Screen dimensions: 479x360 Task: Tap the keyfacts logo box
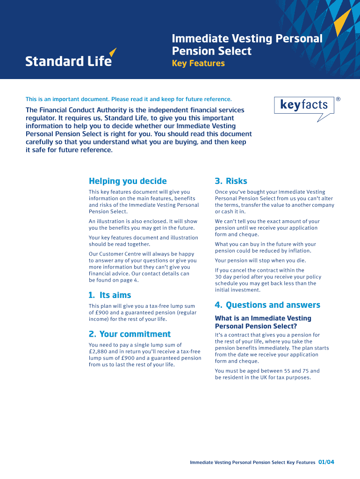pyautogui.click(x=304, y=105)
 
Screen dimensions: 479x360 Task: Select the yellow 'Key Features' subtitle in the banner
pyautogui.click(x=198, y=64)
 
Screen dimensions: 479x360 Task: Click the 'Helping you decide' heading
pyautogui.click(x=128, y=181)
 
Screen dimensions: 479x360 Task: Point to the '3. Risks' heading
pyautogui.click(x=231, y=181)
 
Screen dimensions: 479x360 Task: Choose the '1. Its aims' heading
pyautogui.click(x=110, y=295)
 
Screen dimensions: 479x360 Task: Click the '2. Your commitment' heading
pyautogui.click(x=130, y=334)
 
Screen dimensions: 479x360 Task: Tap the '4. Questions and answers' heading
pyautogui.click(x=267, y=305)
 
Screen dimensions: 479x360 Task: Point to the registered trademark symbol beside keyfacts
pyautogui.click(x=338, y=100)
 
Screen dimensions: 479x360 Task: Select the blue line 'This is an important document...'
pyautogui.click(x=129, y=99)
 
